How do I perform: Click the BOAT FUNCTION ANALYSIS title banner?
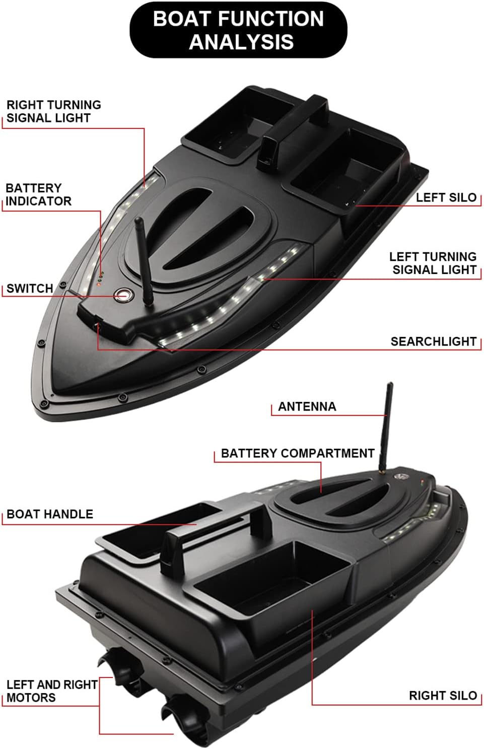coord(238,30)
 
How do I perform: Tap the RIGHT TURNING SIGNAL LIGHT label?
coord(54,111)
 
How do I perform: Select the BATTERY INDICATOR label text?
coord(38,194)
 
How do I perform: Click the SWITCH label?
coord(30,288)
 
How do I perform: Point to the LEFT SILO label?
coord(446,197)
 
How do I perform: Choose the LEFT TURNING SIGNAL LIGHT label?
coord(433,263)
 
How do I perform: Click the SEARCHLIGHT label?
coord(434,342)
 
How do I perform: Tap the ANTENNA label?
coord(307,406)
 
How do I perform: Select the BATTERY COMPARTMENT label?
coord(298,453)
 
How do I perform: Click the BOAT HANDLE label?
coord(50,514)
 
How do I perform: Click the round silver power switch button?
coord(123,295)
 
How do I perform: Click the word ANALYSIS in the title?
coord(241,42)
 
